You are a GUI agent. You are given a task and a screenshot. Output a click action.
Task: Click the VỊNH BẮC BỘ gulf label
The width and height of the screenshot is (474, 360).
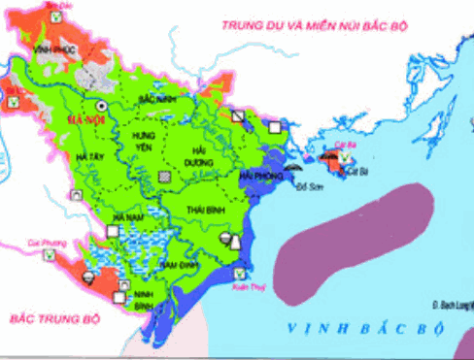tap(374, 329)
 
